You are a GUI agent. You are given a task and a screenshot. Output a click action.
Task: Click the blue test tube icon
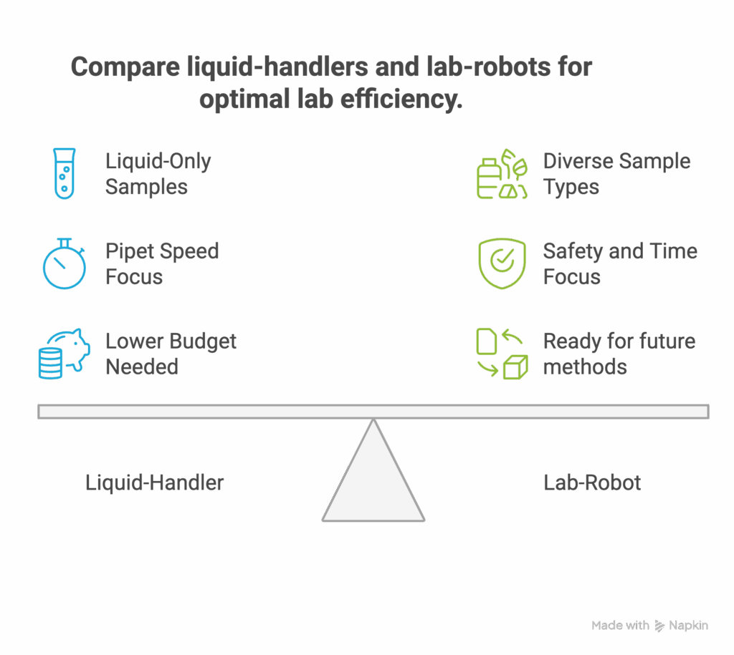[64, 173]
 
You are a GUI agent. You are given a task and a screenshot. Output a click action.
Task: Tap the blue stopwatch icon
[64, 263]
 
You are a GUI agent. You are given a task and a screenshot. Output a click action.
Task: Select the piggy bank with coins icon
[64, 353]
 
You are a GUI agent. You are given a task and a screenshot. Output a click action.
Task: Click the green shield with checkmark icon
[502, 263]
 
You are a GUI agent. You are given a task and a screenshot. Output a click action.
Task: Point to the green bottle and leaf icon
[502, 174]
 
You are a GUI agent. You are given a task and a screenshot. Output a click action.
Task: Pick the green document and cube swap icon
[502, 353]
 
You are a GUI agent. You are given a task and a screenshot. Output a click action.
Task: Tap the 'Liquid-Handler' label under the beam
[154, 482]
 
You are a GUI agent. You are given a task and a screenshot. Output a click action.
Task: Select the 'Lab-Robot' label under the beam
[592, 482]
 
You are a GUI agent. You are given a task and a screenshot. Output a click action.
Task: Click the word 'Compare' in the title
[124, 68]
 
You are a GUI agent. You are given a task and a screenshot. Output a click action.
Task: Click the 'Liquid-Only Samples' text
[158, 174]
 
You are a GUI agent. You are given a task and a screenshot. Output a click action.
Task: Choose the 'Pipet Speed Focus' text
[161, 263]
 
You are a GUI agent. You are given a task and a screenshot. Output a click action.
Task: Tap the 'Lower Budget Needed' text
[170, 354]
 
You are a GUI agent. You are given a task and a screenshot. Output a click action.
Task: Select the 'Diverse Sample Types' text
[616, 174]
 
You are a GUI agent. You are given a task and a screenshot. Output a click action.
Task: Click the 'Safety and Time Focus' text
[619, 263]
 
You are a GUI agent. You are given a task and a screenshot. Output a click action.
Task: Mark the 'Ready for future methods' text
[619, 354]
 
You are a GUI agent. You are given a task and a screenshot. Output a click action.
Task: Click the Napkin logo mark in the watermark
[659, 626]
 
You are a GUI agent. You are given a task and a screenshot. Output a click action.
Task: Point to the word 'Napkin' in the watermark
[688, 626]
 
